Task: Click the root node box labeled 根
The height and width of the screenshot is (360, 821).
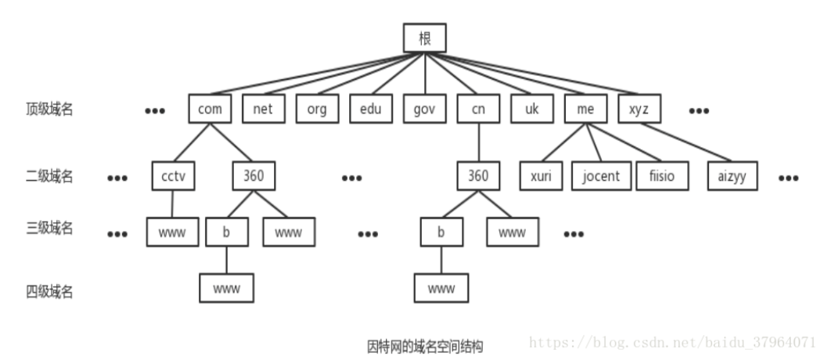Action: click(425, 38)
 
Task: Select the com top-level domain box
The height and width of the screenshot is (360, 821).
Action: click(210, 110)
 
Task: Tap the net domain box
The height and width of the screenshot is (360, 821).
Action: click(263, 110)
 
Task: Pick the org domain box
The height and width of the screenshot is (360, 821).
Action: click(317, 110)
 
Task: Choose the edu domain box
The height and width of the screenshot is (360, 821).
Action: click(371, 110)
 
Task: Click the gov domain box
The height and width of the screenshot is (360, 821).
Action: click(424, 110)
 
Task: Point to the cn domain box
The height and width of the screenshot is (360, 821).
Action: click(478, 110)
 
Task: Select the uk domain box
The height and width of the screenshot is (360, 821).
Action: click(532, 110)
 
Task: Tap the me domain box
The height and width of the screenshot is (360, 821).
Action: click(585, 110)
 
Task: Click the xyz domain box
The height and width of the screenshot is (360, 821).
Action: click(639, 110)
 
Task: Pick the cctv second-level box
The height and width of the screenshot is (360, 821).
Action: click(173, 176)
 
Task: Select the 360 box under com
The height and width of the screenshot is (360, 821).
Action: click(254, 176)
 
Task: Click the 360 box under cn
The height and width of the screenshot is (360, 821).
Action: click(478, 176)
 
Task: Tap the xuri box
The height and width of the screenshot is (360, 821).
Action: click(541, 176)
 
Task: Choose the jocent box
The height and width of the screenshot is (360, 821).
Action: click(601, 176)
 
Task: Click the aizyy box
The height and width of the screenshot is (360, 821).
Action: click(733, 176)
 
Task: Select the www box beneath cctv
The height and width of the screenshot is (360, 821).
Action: click(172, 232)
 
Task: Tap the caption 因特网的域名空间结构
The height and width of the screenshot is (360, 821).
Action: click(425, 345)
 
